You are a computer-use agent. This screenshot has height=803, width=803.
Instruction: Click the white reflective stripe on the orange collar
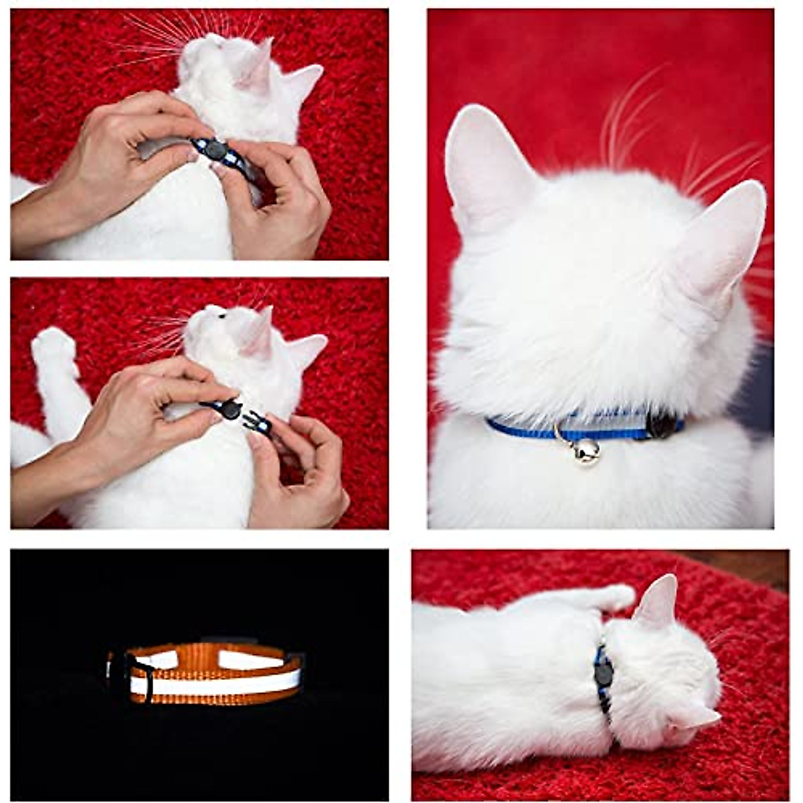pyautogui.click(x=214, y=683)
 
